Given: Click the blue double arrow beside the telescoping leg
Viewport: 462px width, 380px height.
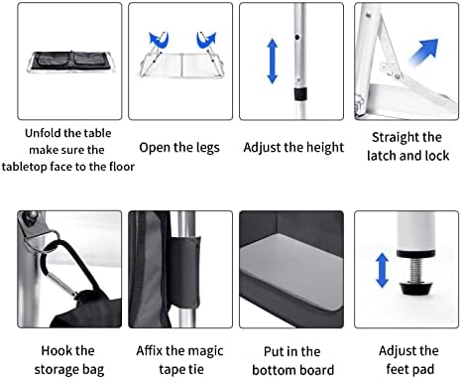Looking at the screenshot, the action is [272, 61].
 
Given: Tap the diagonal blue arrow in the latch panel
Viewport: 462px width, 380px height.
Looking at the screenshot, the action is [424, 52].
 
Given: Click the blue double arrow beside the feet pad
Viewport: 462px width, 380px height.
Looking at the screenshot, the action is [382, 270].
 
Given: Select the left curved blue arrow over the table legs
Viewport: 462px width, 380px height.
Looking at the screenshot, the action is [159, 40].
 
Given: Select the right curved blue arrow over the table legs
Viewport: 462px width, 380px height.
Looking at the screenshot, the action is [206, 40].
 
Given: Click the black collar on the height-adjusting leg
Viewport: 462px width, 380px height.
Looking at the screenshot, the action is [300, 94].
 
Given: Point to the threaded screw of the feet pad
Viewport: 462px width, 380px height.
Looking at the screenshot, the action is [415, 270].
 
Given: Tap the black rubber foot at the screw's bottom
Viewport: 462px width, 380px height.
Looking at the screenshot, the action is [415, 288].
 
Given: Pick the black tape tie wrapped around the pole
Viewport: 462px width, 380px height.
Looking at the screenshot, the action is [185, 272].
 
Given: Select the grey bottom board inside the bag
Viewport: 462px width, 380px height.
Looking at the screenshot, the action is [291, 271].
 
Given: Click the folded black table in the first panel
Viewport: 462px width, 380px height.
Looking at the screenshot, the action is [70, 62].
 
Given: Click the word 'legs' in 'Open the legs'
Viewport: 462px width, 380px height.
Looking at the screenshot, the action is [207, 148].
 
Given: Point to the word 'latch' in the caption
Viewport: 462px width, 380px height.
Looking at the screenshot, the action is [381, 156].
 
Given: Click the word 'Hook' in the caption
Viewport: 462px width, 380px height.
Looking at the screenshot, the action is [55, 350].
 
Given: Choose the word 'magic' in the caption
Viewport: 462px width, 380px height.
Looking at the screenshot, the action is [205, 351].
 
